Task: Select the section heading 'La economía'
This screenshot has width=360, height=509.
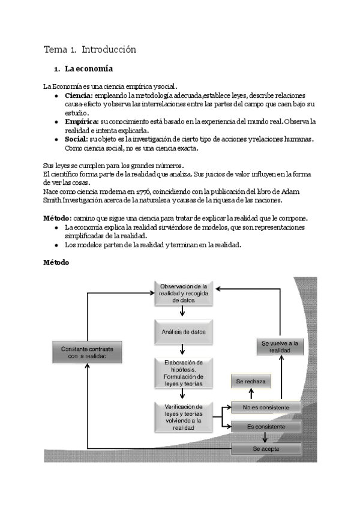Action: tap(91, 69)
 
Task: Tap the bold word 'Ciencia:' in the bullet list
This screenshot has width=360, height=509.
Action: tap(79, 95)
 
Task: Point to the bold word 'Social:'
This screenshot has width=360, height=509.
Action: tap(76, 139)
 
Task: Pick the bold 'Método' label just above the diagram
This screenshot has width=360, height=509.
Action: tap(57, 262)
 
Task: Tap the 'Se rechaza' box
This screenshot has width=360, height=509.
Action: tap(251, 381)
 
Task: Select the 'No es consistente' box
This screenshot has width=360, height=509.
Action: tap(266, 408)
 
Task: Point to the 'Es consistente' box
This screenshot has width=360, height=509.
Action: tap(266, 427)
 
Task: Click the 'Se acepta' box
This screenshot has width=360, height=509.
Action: tap(266, 448)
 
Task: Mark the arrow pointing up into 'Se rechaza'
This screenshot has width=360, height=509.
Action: tap(251, 394)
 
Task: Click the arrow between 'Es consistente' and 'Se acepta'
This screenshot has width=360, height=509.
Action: tap(264, 438)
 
